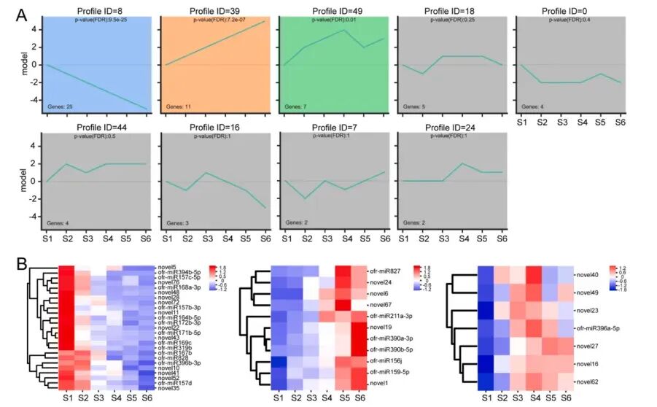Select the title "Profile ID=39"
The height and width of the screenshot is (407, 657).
(219, 11)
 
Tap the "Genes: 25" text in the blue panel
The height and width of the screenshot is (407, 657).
(61, 106)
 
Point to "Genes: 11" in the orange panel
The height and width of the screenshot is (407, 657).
(179, 106)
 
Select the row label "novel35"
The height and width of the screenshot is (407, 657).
(168, 389)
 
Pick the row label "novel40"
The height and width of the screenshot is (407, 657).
(588, 275)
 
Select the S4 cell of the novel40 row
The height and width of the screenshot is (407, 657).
(534, 275)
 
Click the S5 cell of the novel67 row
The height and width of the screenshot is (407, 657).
(342, 304)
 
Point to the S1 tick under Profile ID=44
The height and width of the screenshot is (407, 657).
(48, 238)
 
